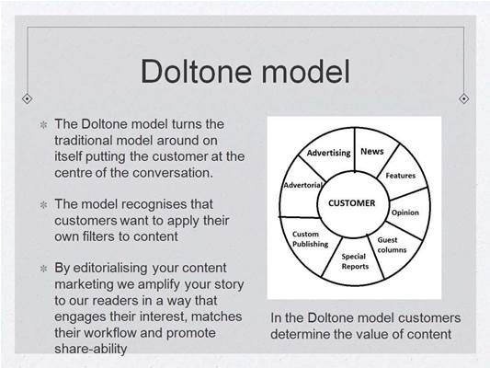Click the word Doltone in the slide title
(196, 71)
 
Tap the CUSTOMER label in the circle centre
(351, 203)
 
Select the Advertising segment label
(329, 153)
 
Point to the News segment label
(372, 151)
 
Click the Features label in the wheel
(401, 176)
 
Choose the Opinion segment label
(405, 213)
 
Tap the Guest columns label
(392, 245)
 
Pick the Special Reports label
(355, 261)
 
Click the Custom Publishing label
(311, 239)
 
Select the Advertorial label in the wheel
(302, 185)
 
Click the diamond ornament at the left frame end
(28, 98)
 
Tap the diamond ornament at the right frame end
(463, 98)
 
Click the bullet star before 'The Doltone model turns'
(43, 125)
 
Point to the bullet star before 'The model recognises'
(43, 205)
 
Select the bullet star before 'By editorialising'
(43, 269)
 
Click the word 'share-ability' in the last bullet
(91, 349)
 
